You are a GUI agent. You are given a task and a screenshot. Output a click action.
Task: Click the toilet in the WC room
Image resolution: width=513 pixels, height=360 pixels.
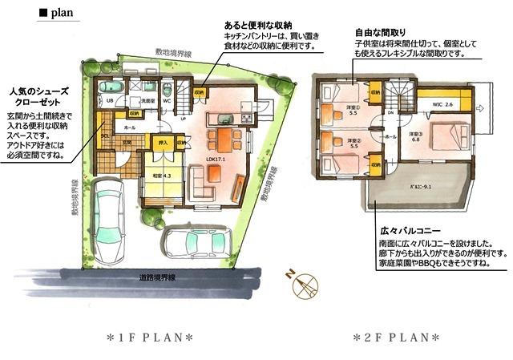166,89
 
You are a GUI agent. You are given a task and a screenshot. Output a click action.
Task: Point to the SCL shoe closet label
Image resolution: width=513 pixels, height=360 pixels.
104,137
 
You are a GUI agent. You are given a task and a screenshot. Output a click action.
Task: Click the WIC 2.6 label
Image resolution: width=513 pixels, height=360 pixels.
442,105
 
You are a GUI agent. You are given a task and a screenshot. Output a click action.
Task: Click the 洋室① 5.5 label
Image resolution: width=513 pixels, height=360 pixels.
352,110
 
